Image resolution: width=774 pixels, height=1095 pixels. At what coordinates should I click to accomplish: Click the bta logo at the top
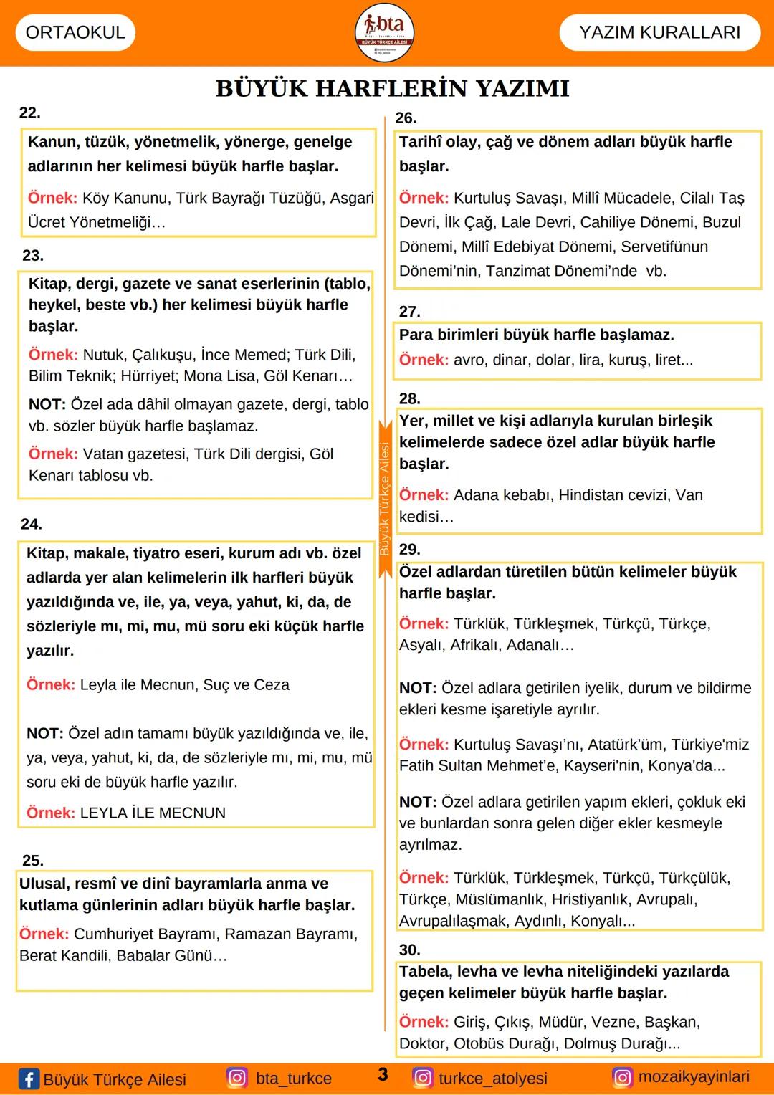[385, 32]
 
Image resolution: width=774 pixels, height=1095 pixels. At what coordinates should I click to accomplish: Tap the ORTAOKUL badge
[75, 32]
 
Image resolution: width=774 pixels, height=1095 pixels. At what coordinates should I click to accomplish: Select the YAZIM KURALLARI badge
[659, 32]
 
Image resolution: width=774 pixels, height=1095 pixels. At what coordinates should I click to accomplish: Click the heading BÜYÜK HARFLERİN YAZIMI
[392, 88]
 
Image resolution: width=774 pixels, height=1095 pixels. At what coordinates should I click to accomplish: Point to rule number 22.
[30, 113]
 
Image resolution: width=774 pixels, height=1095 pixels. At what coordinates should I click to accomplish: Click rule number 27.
[409, 311]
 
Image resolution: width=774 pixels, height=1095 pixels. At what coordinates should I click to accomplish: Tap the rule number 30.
[409, 950]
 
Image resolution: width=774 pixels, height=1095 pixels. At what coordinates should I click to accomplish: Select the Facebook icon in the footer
[29, 1079]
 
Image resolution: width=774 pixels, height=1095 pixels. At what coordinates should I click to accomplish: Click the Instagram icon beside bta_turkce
[237, 1078]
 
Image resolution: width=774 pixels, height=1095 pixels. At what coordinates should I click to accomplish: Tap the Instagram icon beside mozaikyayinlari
[622, 1077]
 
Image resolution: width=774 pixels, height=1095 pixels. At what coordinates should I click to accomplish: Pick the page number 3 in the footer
[383, 1074]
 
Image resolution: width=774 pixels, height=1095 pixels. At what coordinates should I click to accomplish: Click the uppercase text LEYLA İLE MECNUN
[153, 813]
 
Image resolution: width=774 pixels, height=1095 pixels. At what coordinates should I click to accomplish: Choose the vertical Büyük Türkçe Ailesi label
[385, 499]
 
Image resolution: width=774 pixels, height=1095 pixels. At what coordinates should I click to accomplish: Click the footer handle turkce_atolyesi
[492, 1078]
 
